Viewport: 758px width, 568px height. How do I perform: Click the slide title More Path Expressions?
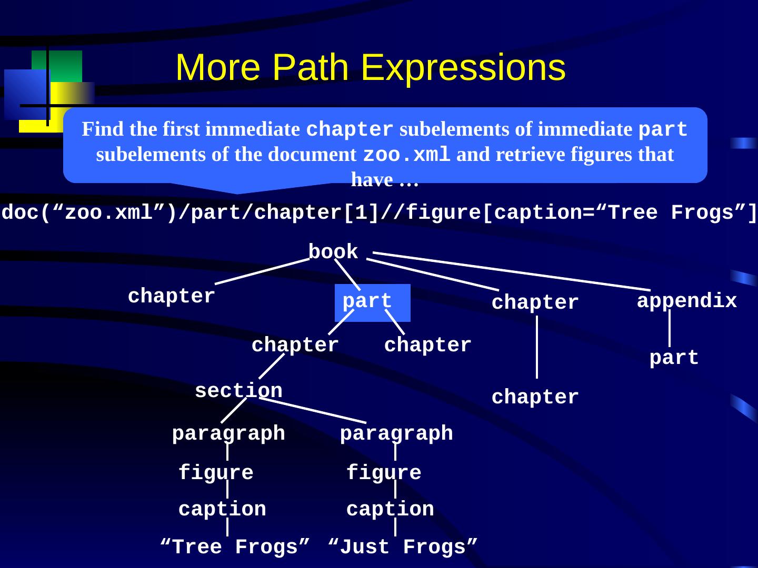[370, 68]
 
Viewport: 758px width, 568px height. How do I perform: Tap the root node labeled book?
[333, 252]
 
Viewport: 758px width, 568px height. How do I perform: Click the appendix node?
[686, 301]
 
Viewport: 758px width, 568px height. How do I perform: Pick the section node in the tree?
[238, 391]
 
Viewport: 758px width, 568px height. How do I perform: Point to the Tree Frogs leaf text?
[235, 547]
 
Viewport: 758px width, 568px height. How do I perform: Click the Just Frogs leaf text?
[403, 547]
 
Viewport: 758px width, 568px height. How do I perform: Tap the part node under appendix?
[674, 358]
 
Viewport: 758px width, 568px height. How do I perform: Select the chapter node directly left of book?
[172, 297]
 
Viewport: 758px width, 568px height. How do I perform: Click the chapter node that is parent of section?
[295, 346]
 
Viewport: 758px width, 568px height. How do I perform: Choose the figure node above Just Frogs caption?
[384, 473]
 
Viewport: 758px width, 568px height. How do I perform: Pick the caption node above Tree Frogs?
[222, 509]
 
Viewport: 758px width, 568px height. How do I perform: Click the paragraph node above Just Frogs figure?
[396, 433]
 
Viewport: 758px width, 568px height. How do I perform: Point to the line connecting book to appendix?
[511, 271]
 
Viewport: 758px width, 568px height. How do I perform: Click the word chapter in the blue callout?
[349, 129]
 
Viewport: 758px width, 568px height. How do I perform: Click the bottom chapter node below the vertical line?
[535, 398]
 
